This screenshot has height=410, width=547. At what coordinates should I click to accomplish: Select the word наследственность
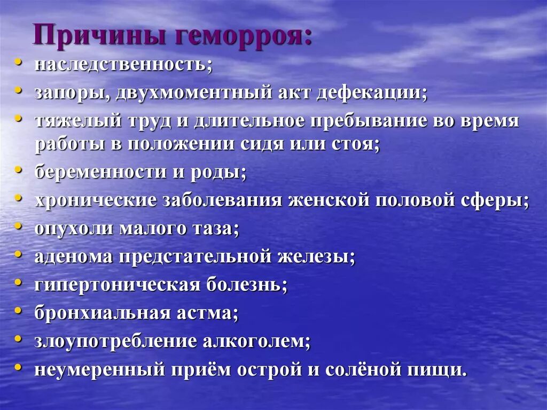click(x=123, y=65)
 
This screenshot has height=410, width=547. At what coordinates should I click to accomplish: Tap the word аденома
click(x=73, y=256)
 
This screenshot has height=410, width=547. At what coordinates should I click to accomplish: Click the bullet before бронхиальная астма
click(x=19, y=309)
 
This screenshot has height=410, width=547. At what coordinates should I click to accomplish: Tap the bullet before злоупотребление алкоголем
click(x=19, y=337)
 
